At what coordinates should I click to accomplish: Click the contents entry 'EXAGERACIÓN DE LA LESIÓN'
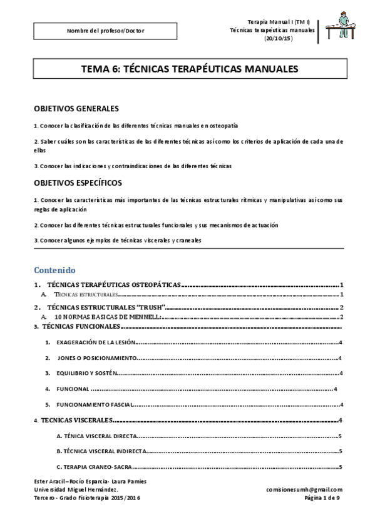tap(95, 342)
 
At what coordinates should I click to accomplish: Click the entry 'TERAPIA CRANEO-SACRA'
tap(93, 466)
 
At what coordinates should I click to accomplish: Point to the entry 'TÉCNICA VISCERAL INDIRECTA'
tap(101, 451)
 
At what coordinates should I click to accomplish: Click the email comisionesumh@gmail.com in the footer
tap(304, 489)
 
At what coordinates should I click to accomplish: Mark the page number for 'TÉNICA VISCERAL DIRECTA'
tap(339, 436)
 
